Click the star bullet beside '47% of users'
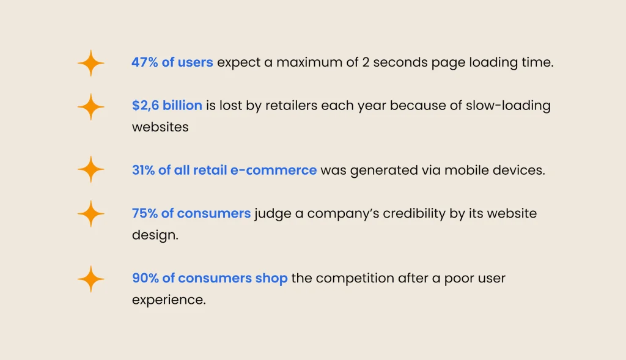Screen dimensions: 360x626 [90, 63]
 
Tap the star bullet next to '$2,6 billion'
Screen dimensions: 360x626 [90, 107]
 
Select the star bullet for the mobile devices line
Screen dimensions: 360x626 [90, 169]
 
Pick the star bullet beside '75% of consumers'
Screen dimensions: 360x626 [90, 214]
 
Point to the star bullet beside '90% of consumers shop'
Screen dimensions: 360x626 [90, 279]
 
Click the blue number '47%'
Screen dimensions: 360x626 [144, 62]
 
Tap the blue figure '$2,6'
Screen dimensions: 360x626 [146, 106]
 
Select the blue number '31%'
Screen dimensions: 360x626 [143, 171]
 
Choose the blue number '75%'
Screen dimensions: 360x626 [144, 213]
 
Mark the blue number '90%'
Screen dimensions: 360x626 [145, 278]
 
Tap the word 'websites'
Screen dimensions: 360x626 [160, 127]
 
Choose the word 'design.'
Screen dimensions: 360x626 [155, 235]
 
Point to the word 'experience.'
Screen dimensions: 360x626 [169, 300]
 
